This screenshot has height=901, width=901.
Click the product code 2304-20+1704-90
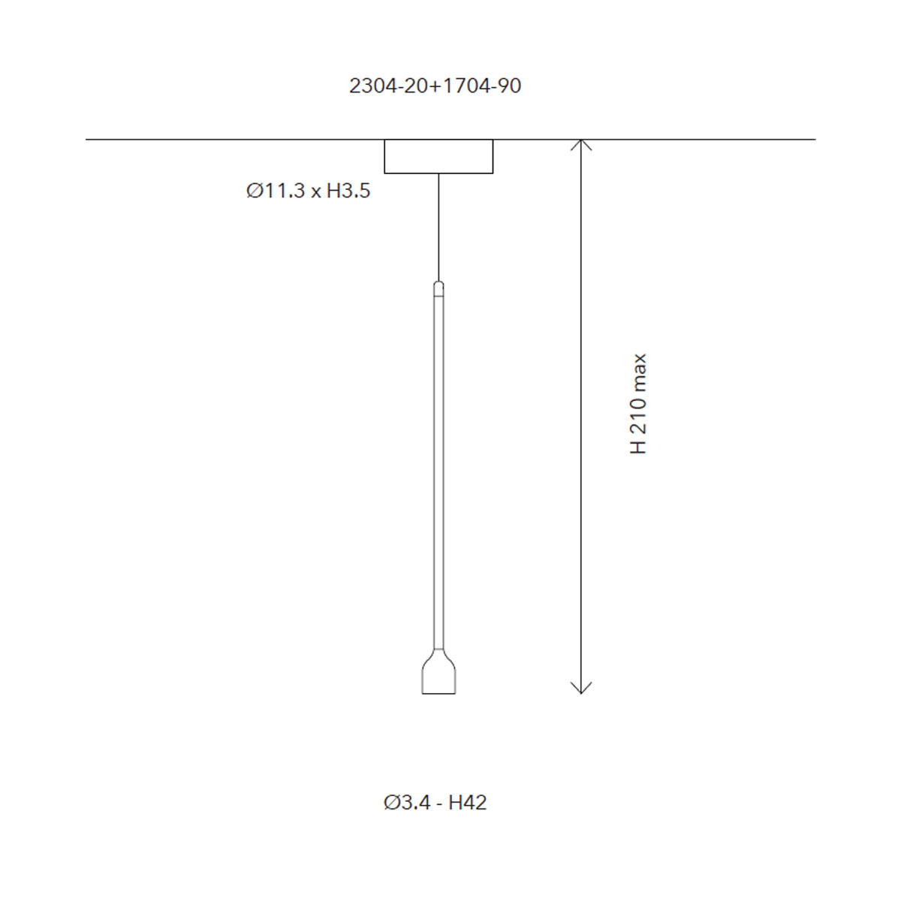click(435, 86)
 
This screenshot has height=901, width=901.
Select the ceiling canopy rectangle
click(438, 156)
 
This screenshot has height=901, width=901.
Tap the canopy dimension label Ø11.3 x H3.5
click(308, 191)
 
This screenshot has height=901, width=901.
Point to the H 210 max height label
click(638, 403)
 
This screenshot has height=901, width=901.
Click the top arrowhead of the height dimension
click(581, 143)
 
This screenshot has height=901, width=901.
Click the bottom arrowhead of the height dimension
click(581, 689)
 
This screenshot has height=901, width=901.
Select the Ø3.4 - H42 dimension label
click(435, 803)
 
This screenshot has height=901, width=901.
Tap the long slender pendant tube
click(438, 466)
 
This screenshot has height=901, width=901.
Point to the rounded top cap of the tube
click(438, 285)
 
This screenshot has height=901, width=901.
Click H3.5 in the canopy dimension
click(348, 191)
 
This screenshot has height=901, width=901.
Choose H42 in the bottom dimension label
click(467, 803)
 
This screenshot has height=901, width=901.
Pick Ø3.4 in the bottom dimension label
click(407, 803)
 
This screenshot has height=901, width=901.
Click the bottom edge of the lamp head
click(438, 693)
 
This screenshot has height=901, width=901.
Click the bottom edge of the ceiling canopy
click(438, 173)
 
